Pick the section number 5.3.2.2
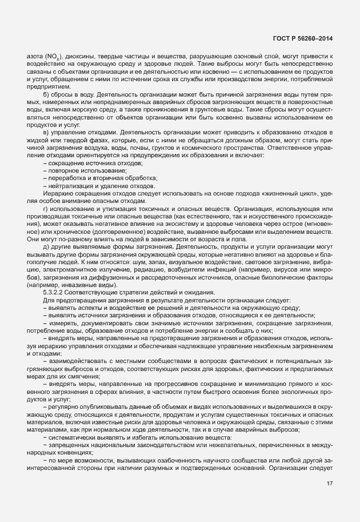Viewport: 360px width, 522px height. pyautogui.click(x=54, y=292)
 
